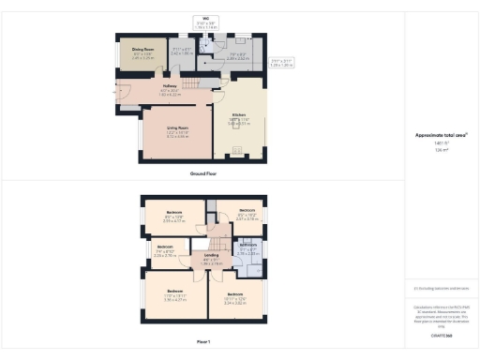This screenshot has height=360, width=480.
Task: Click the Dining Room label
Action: tap(142, 52)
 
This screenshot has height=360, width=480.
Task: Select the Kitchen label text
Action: tap(238, 117)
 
